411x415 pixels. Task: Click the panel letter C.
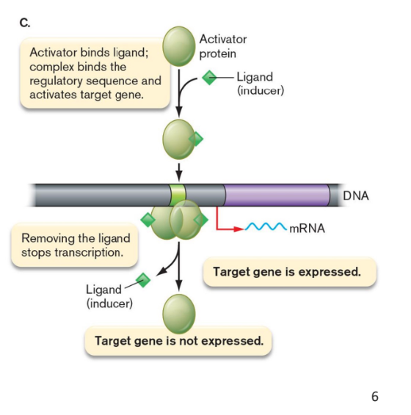[25, 22]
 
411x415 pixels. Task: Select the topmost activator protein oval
[178, 45]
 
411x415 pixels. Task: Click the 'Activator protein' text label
[223, 45]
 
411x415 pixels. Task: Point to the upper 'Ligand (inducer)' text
[256, 84]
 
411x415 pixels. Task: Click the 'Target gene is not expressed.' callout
[178, 341]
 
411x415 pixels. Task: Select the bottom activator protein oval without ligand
[178, 312]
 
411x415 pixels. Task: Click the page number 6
[374, 397]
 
